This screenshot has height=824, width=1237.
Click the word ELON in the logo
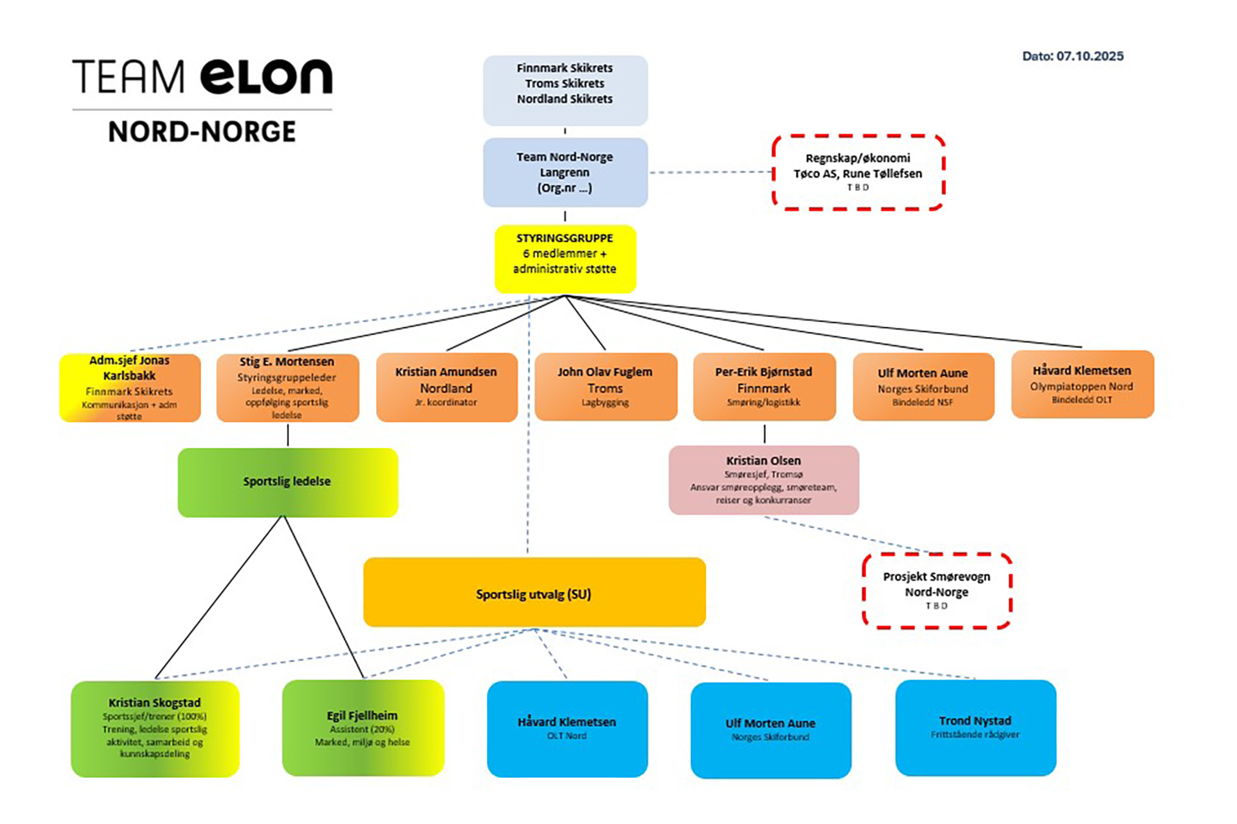point(267,77)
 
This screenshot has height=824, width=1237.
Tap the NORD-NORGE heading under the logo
point(202,132)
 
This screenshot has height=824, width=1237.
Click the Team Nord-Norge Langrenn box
point(565,172)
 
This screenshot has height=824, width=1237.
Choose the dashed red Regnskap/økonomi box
point(857,172)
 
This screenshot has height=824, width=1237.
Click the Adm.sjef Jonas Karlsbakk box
point(130,388)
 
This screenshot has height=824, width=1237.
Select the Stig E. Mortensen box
point(287,388)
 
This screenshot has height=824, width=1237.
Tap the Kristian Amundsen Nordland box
point(446,388)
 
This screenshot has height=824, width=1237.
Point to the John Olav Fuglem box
point(605,388)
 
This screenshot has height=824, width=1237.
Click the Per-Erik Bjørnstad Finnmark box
point(764,388)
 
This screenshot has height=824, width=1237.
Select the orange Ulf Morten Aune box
point(923,388)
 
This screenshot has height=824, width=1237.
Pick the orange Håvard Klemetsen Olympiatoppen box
point(1082,385)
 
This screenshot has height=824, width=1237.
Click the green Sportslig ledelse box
point(287,482)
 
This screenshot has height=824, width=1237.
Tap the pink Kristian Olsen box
point(763,480)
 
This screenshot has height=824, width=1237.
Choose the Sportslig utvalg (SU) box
point(534,593)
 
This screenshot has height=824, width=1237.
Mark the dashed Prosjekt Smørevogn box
point(937,590)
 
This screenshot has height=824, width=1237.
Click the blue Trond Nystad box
point(975,727)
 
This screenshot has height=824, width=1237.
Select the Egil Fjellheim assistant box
point(363,727)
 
